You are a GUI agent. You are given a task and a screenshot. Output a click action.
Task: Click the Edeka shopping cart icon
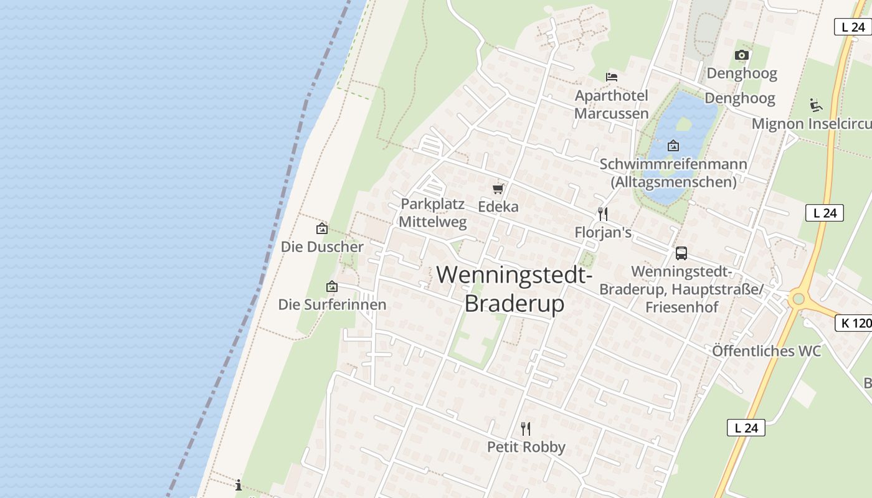[x=498, y=189]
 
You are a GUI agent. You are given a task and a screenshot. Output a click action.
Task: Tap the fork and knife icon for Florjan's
[x=602, y=214]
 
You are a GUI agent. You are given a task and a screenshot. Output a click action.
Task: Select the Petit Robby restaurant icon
[x=526, y=428]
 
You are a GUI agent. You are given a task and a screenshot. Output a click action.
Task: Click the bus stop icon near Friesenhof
[x=681, y=253]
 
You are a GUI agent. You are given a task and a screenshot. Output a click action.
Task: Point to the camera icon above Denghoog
[x=741, y=55]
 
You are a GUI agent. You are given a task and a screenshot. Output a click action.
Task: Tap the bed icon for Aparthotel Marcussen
[x=612, y=77]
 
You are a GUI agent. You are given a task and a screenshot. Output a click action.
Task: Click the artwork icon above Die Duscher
[x=322, y=228]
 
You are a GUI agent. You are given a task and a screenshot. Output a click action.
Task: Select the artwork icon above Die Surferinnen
[x=332, y=286]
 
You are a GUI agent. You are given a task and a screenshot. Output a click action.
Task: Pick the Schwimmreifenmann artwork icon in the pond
[x=673, y=146]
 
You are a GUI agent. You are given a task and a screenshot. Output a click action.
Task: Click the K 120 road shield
[x=853, y=323]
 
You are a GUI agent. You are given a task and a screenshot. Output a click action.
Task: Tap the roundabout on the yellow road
[x=799, y=299]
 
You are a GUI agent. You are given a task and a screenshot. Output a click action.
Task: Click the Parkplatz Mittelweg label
[x=433, y=213]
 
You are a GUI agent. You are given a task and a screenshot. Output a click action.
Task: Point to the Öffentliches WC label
[x=767, y=350]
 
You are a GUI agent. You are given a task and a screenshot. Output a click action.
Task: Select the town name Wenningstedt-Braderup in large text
[x=514, y=289]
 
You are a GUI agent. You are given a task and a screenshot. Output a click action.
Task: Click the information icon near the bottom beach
[x=239, y=485]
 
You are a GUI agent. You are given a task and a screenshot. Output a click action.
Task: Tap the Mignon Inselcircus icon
[x=815, y=105]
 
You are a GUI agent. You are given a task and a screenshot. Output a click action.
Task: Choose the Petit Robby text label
[x=526, y=447]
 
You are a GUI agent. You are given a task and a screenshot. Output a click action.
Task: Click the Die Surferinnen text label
[x=332, y=304]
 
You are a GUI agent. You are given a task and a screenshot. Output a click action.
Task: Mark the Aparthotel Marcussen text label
[x=611, y=105]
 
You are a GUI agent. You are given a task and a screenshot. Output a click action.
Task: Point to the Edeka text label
[x=498, y=207]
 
